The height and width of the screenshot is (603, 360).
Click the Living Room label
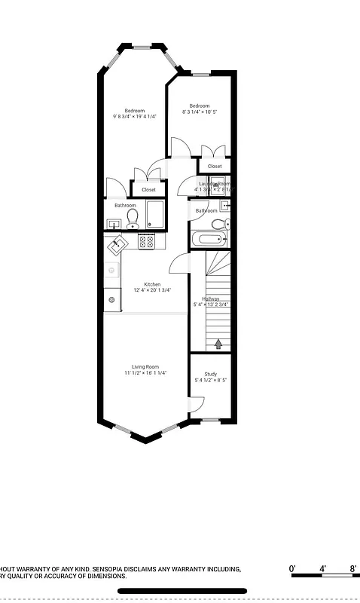pyautogui.click(x=145, y=366)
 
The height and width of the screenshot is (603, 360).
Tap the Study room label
pyautogui.click(x=211, y=375)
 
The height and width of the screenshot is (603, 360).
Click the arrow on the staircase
pyautogui.click(x=219, y=344)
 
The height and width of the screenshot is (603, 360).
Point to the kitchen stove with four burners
pyautogui.click(x=148, y=242)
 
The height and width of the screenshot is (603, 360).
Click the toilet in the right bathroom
pyautogui.click(x=218, y=225)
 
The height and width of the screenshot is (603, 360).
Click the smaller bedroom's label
pyautogui.click(x=199, y=106)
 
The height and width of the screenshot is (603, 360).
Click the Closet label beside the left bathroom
pyautogui.click(x=148, y=190)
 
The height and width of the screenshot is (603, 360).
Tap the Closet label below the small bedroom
pyautogui.click(x=215, y=166)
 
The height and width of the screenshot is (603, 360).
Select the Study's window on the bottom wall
pyautogui.click(x=211, y=419)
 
